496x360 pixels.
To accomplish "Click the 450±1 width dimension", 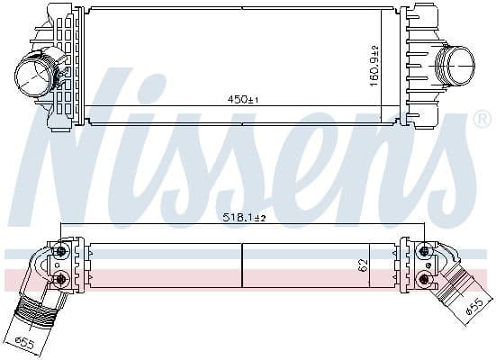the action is click(x=243, y=100).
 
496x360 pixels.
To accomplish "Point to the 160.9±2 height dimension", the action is click(x=374, y=66).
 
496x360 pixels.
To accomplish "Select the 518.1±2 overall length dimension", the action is click(x=244, y=218).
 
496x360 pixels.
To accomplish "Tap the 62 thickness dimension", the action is click(x=364, y=265).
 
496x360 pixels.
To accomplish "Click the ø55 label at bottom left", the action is click(x=24, y=343).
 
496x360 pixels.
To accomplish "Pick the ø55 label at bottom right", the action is click(x=475, y=307).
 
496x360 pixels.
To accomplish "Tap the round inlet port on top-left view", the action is click(x=32, y=75).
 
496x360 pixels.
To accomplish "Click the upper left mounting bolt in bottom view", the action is click(x=62, y=251).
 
